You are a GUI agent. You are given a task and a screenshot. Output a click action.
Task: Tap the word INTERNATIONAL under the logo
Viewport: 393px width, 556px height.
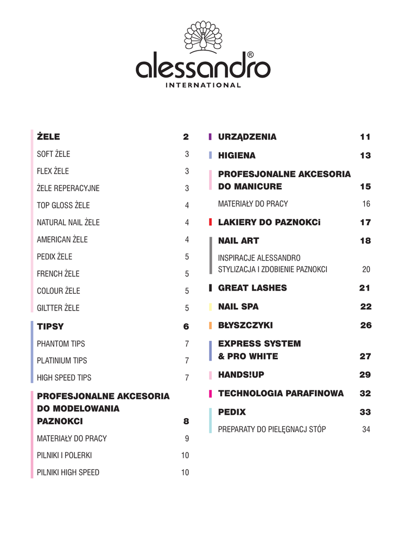(203, 85)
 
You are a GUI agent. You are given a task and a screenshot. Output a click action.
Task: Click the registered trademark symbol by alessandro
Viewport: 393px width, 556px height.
(250, 55)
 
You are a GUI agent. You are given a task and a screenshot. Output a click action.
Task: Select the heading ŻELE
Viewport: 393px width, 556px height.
(48, 137)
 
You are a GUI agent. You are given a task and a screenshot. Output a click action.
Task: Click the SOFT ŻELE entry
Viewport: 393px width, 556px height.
(53, 154)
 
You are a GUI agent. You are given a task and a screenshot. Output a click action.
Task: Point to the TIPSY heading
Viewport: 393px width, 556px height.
(50, 327)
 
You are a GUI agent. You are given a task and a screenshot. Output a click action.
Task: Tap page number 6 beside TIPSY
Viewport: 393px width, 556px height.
(186, 327)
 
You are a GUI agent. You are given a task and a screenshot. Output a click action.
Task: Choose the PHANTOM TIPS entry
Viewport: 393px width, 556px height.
(61, 344)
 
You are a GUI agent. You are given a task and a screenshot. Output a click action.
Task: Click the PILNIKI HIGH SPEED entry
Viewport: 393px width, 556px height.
(68, 472)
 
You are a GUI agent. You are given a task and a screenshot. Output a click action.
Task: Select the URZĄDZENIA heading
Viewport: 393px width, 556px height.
(247, 137)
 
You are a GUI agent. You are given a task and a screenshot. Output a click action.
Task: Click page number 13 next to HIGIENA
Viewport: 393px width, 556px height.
(365, 156)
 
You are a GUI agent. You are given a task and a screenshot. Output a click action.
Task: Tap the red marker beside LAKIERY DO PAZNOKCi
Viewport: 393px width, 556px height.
(210, 222)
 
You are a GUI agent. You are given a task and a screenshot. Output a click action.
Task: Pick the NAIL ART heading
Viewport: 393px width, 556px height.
(238, 241)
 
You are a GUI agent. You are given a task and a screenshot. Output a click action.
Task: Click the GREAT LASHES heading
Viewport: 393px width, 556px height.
(252, 288)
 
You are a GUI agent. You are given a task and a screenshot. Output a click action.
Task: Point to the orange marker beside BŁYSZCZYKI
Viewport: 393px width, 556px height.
(210, 326)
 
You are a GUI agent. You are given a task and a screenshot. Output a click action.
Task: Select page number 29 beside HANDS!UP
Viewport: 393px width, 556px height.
(365, 375)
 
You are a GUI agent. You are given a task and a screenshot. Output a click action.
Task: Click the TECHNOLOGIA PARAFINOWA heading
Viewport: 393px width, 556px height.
(281, 394)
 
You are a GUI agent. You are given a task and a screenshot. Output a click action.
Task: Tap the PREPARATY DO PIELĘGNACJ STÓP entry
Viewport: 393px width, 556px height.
(272, 429)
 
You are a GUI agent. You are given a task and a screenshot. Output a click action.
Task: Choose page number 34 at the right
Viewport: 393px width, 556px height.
(366, 429)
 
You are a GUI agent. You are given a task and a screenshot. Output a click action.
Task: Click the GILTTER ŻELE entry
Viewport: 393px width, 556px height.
(58, 308)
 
